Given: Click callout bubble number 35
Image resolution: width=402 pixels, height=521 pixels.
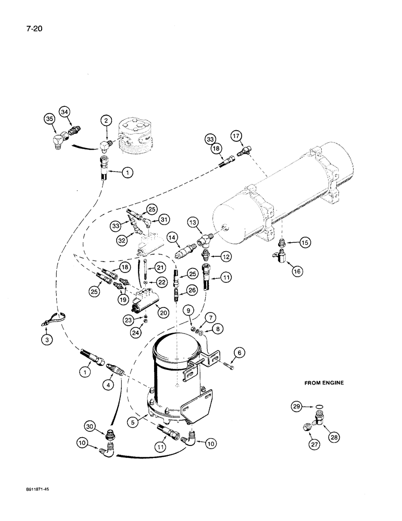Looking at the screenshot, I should [x=49, y=119].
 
